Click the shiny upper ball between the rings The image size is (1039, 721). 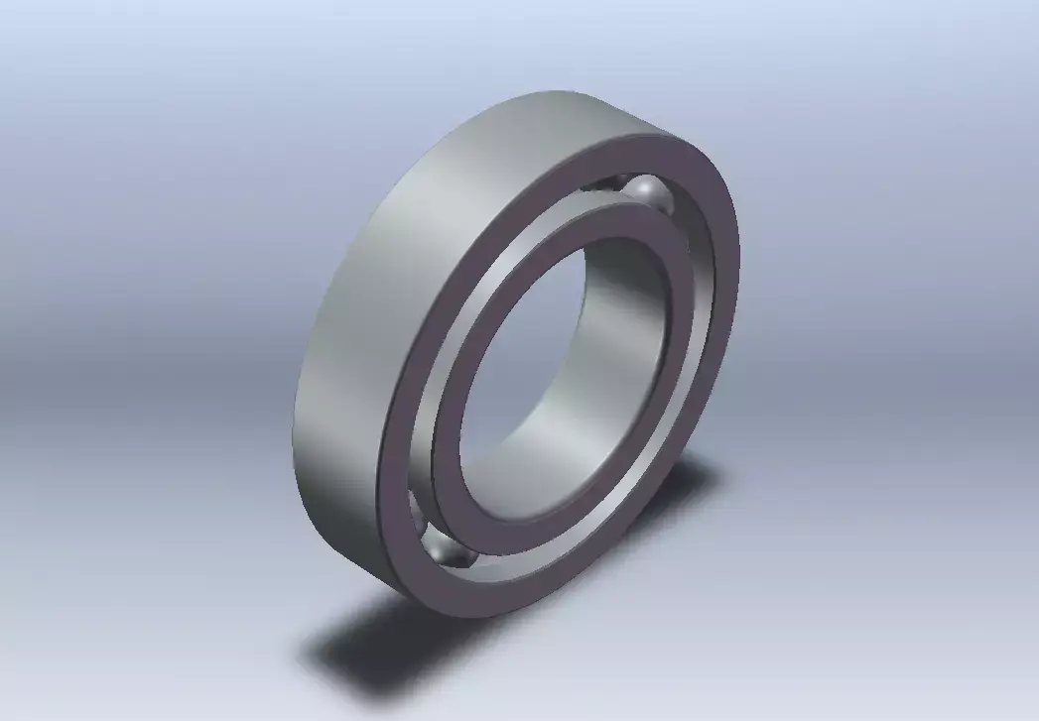[x=650, y=193]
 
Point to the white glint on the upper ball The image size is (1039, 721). [x=642, y=185]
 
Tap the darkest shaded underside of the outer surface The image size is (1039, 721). [x=337, y=516]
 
